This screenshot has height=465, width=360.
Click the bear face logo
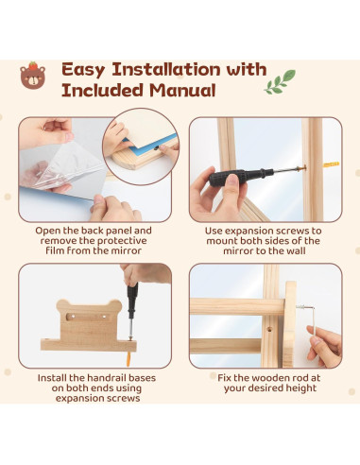coord(33,76)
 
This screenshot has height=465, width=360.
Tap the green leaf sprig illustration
coord(280,82)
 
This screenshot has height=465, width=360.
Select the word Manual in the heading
coord(182,91)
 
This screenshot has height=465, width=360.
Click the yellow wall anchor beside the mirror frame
coord(332,164)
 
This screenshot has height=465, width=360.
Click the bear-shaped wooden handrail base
coord(89,326)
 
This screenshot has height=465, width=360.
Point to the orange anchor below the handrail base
coord(129,359)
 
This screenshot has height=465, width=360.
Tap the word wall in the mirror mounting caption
coord(295,250)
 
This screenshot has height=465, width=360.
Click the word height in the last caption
coord(300,387)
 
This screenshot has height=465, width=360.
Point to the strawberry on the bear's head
coord(33,66)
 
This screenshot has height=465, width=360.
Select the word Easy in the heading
coord(83,70)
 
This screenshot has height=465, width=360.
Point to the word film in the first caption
coord(55,250)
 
